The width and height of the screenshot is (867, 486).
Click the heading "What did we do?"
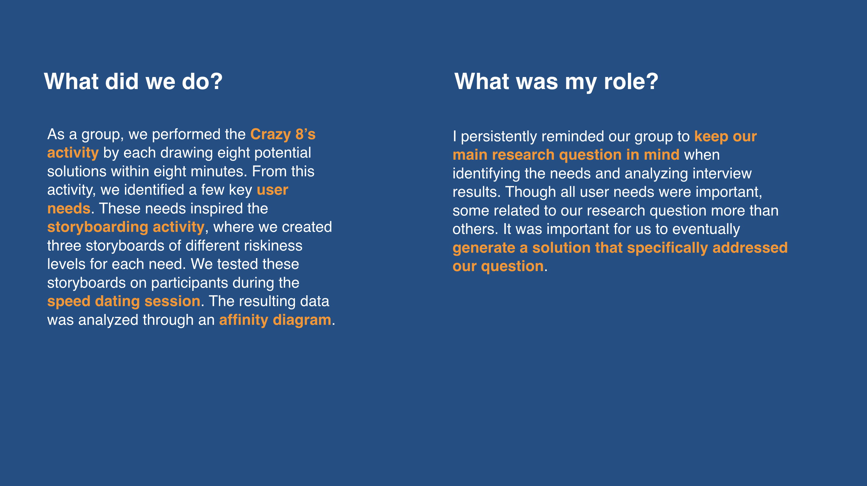tap(133, 82)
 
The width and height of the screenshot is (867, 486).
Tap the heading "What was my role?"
tap(556, 82)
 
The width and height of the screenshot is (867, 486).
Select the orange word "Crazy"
tap(270, 135)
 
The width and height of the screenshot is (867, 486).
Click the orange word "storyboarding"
tap(98, 228)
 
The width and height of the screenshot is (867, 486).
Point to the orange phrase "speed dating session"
tap(124, 302)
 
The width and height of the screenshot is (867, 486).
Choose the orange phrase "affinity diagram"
tap(275, 320)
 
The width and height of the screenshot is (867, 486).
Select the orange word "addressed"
tap(750, 248)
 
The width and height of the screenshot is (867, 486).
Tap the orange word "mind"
tap(662, 155)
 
